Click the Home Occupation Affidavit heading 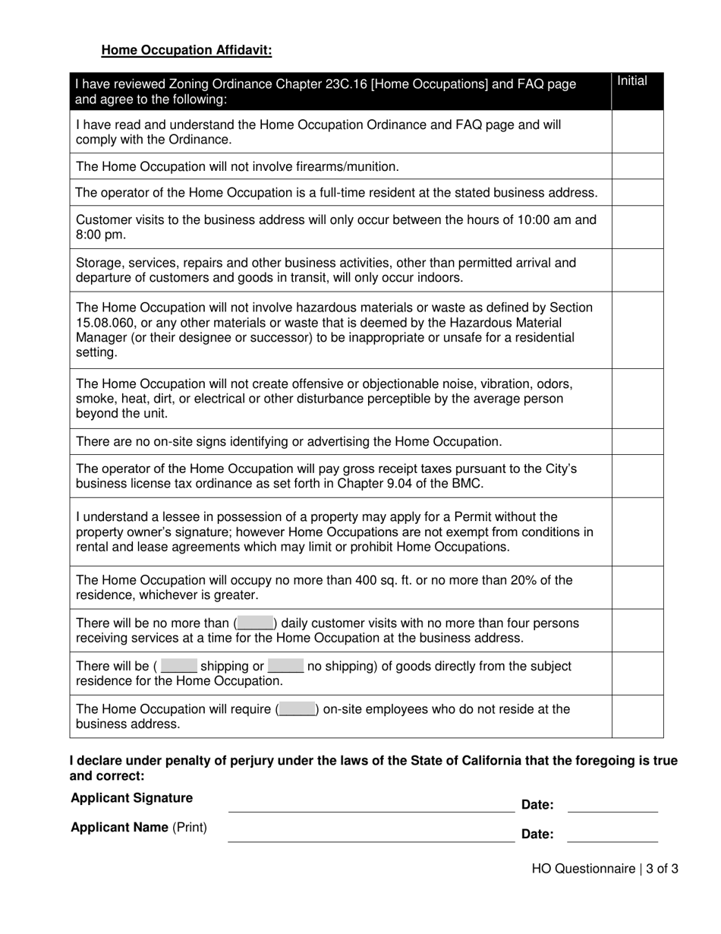(x=186, y=50)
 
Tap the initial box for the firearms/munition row (x=637, y=166)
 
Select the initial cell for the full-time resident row (x=637, y=193)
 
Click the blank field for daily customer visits (x=254, y=623)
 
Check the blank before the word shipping (x=179, y=666)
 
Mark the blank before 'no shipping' (x=285, y=666)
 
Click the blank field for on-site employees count (x=297, y=709)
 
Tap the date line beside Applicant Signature (x=612, y=805)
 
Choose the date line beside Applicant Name (x=612, y=834)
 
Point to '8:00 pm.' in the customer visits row (x=101, y=235)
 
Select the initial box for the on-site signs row (x=637, y=441)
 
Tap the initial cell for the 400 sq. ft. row (x=637, y=587)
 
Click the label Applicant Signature (x=131, y=798)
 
